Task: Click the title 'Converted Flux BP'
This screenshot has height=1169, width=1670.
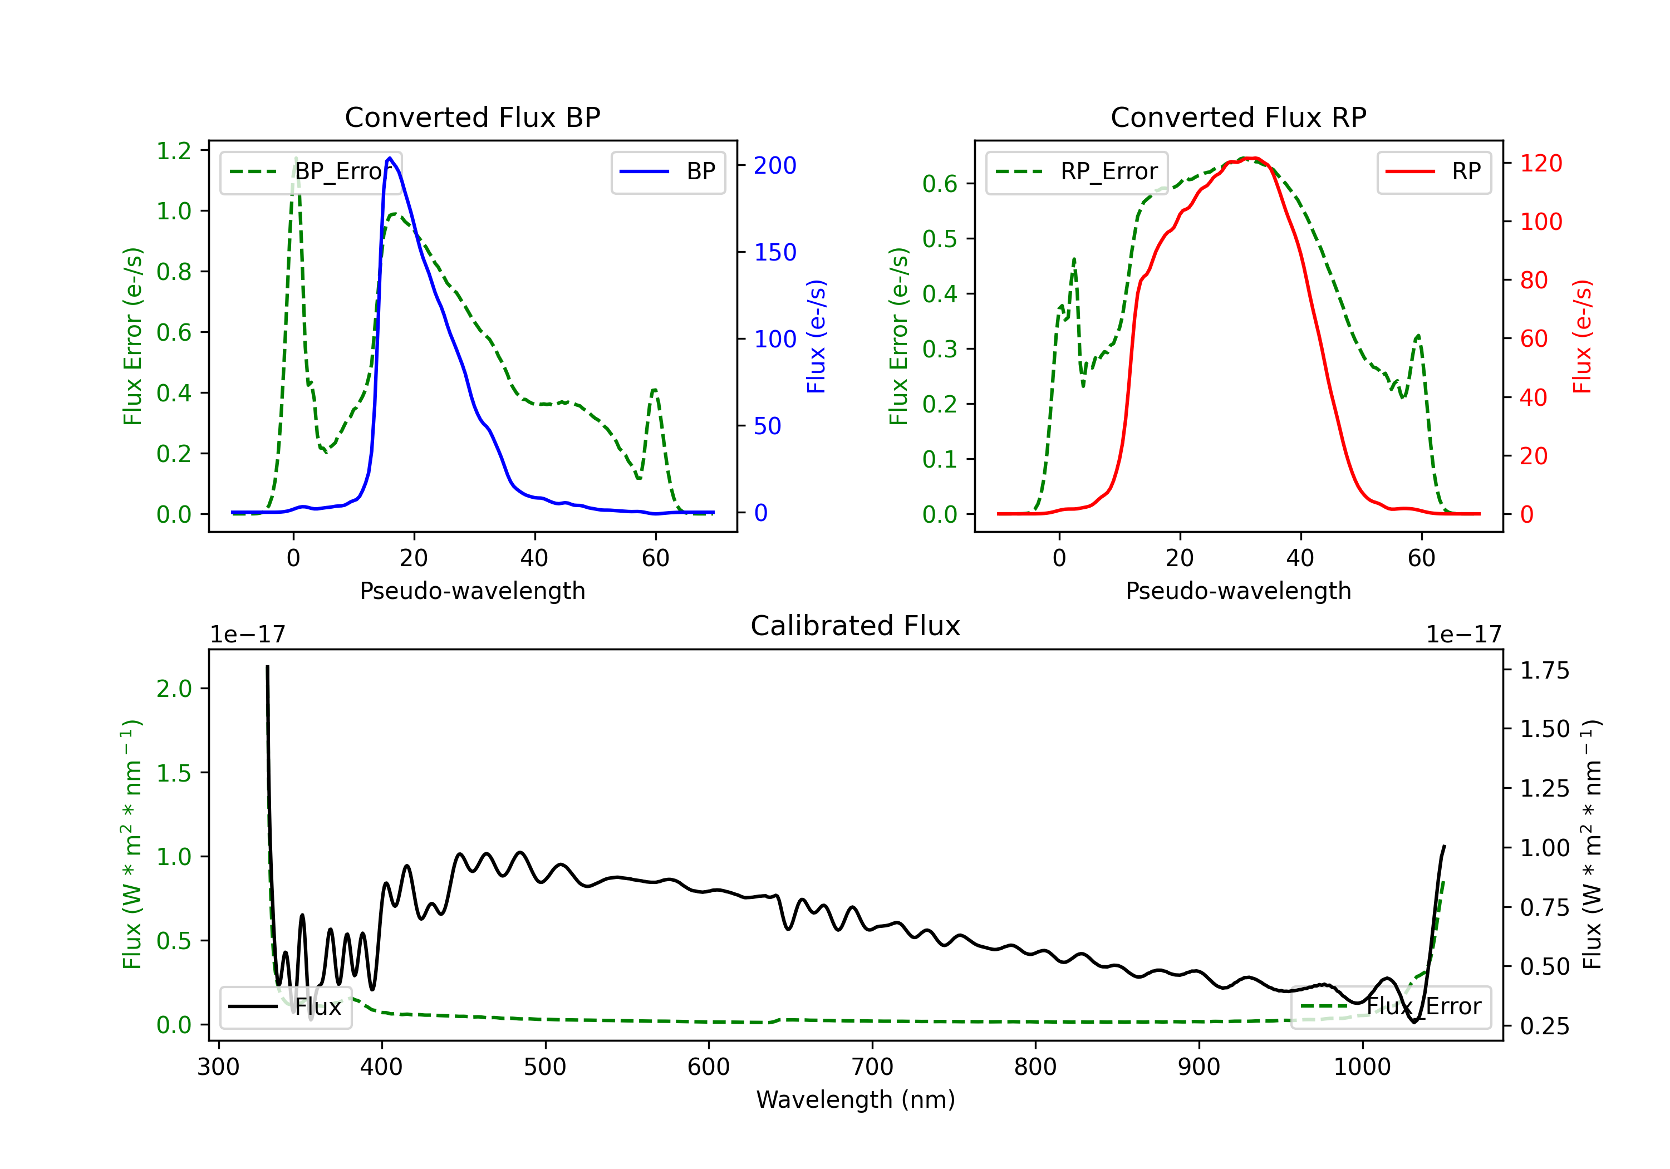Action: point(472,117)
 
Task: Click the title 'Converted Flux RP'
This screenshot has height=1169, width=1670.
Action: point(1238,117)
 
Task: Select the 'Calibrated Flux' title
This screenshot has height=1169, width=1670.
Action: point(856,626)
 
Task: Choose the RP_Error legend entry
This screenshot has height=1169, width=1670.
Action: point(1077,171)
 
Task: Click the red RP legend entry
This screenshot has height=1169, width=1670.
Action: point(1433,171)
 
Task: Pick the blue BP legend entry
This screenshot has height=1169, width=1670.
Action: point(667,171)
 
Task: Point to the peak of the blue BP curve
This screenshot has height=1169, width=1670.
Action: point(390,158)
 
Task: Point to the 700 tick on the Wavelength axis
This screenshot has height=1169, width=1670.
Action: point(872,1067)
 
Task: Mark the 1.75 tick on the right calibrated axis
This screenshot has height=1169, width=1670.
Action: point(1545,670)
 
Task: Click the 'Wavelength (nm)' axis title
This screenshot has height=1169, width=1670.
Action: point(856,1099)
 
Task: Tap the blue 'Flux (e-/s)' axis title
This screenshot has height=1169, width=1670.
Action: point(816,337)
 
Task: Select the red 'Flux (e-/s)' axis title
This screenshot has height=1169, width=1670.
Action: point(1582,337)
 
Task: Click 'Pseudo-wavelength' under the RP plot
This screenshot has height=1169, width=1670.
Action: point(1238,591)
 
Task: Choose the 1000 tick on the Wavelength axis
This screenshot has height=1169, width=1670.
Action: point(1362,1067)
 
